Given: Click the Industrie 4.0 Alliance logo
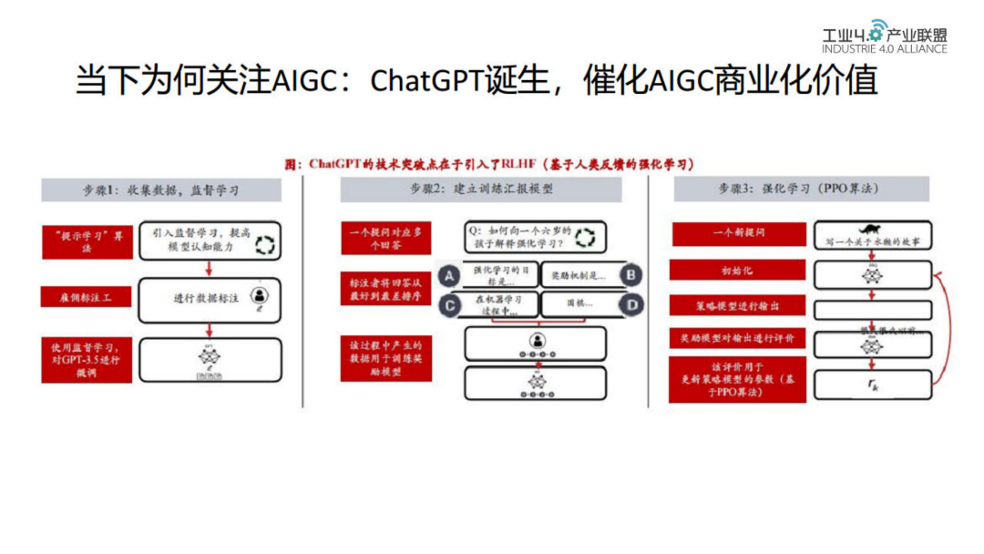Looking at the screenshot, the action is (884, 37).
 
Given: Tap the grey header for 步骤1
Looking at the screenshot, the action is (161, 190).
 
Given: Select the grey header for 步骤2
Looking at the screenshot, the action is (481, 190).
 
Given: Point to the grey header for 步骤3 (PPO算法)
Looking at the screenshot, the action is (801, 190).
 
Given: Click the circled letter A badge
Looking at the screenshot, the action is (447, 273).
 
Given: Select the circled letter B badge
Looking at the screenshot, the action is (630, 274).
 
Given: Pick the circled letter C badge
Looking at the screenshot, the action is (447, 304).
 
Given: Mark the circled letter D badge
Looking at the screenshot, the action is (630, 304).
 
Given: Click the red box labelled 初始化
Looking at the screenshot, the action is (738, 271).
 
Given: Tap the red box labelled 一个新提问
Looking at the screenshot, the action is (738, 234).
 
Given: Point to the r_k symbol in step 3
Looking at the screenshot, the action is (873, 385).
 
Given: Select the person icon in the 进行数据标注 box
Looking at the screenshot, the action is (261, 295).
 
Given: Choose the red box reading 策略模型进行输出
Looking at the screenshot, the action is (738, 305).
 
